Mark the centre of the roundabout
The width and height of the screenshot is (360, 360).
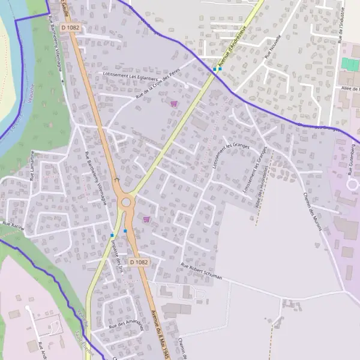click(126, 203)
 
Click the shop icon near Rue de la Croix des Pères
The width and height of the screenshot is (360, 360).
click(174, 103)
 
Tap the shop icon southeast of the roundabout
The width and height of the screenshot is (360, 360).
click(146, 220)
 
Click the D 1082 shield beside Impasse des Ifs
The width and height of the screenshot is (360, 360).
click(139, 262)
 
